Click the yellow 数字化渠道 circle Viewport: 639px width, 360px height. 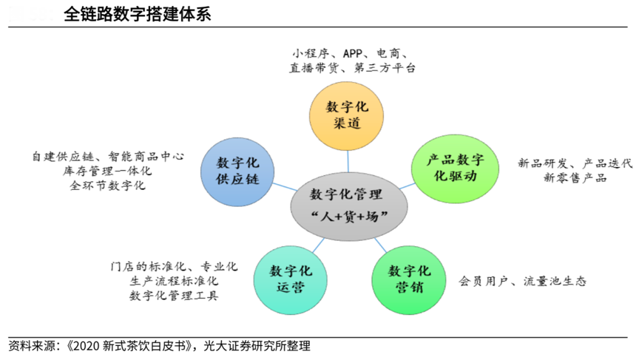(347, 115)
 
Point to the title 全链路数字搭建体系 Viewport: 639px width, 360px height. (137, 14)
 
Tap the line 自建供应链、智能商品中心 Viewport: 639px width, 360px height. (108, 157)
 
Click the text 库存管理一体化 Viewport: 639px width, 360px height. (108, 171)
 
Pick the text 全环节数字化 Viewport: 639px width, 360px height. (108, 186)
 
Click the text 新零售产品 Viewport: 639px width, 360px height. (575, 178)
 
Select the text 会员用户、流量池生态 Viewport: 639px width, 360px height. (522, 281)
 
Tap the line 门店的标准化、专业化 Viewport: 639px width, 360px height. (174, 266)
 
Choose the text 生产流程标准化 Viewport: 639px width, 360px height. (174, 281)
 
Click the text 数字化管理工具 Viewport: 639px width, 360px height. (174, 296)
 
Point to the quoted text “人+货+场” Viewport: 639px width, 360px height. (347, 216)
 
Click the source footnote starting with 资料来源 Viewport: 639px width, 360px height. (159, 345)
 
